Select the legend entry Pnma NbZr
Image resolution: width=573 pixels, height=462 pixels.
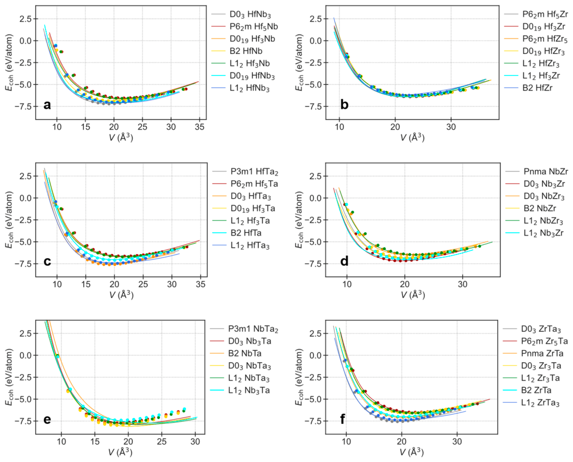point(536,172)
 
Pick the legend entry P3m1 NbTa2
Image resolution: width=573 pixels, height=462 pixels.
point(244,330)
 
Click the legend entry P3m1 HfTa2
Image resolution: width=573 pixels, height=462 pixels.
point(245,172)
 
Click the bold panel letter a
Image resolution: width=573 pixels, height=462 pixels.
point(47,106)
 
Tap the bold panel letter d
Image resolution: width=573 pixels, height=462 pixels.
point(344,261)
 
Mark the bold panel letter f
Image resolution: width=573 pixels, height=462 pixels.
point(343,419)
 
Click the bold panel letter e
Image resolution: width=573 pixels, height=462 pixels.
point(47,420)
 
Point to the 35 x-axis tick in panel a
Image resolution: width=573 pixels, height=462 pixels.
point(199,127)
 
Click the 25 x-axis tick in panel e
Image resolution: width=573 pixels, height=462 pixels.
point(162,441)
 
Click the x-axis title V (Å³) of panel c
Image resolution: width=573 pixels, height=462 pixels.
point(121,294)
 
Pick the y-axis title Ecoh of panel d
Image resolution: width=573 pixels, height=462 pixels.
point(299,239)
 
